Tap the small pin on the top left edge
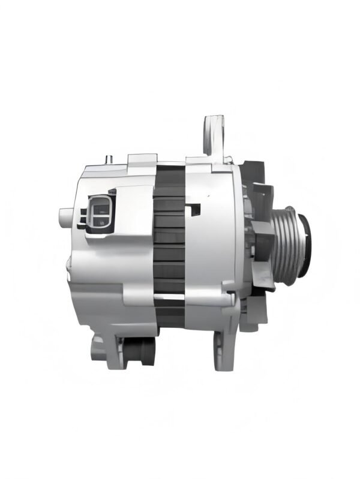click(109, 159)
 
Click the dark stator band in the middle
click(169, 240)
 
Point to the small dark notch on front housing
click(193, 210)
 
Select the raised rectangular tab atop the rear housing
click(142, 159)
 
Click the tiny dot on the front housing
click(208, 195)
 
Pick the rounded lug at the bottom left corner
click(97, 348)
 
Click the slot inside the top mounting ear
click(213, 129)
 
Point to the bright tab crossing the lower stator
click(169, 296)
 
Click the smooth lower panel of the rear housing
click(99, 300)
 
